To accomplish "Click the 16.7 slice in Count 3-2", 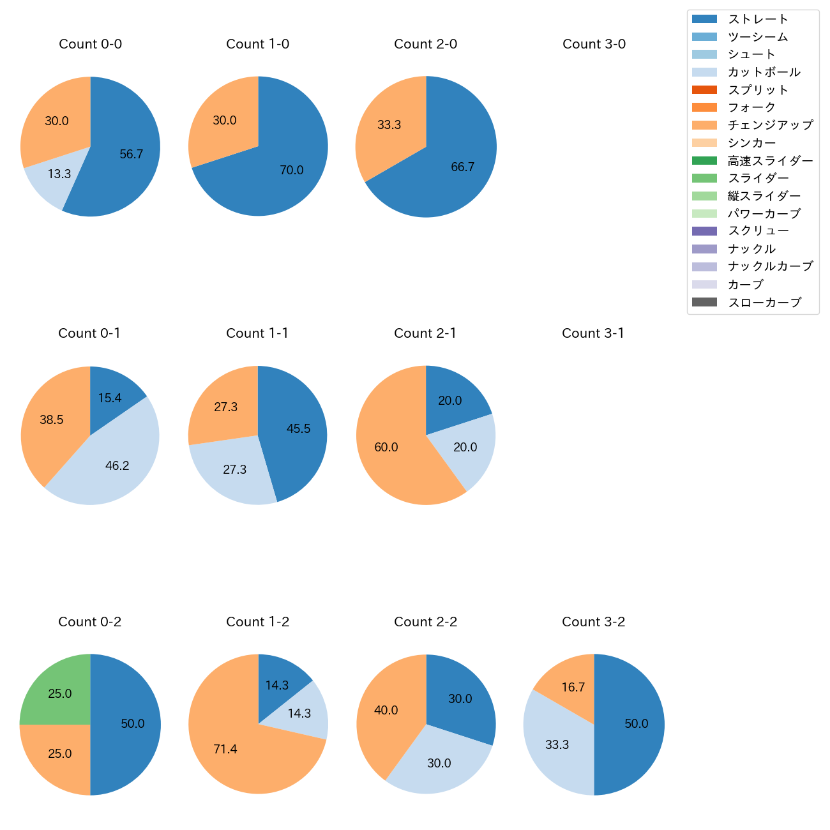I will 571,686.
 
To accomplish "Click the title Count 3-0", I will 594,44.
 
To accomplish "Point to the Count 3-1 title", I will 593,333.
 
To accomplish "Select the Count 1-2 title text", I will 258,622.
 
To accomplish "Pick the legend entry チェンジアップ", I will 770,125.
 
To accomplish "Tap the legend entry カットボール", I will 764,72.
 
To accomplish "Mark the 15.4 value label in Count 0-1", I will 110,398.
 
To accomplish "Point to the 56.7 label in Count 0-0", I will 132,154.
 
